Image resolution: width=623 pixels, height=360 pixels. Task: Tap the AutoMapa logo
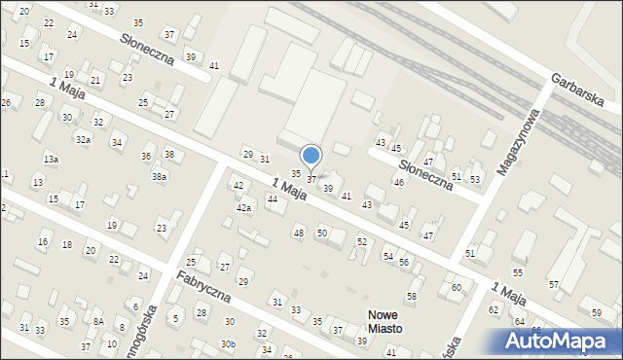[x=560, y=341]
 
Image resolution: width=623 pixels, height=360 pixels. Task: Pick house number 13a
[x=51, y=159]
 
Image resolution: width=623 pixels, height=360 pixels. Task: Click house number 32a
[x=84, y=140]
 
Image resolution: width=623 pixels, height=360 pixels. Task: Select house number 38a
[x=158, y=177]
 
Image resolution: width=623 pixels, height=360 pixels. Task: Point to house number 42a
[x=244, y=208]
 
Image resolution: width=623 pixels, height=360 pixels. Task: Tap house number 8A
[x=98, y=321]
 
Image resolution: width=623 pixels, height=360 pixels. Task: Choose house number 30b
[x=228, y=344]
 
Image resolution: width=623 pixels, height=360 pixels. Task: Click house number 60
[x=456, y=287]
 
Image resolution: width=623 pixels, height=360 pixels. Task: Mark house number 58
[x=412, y=296]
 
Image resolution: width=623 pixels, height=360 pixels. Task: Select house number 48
[x=299, y=233]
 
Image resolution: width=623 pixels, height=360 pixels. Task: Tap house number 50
[x=321, y=233]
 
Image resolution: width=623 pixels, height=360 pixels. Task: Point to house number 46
[x=398, y=182]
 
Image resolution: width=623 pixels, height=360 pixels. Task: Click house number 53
[x=475, y=179]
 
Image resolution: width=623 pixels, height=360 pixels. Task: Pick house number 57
[x=553, y=284]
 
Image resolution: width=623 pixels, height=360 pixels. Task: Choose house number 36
[x=147, y=157]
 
